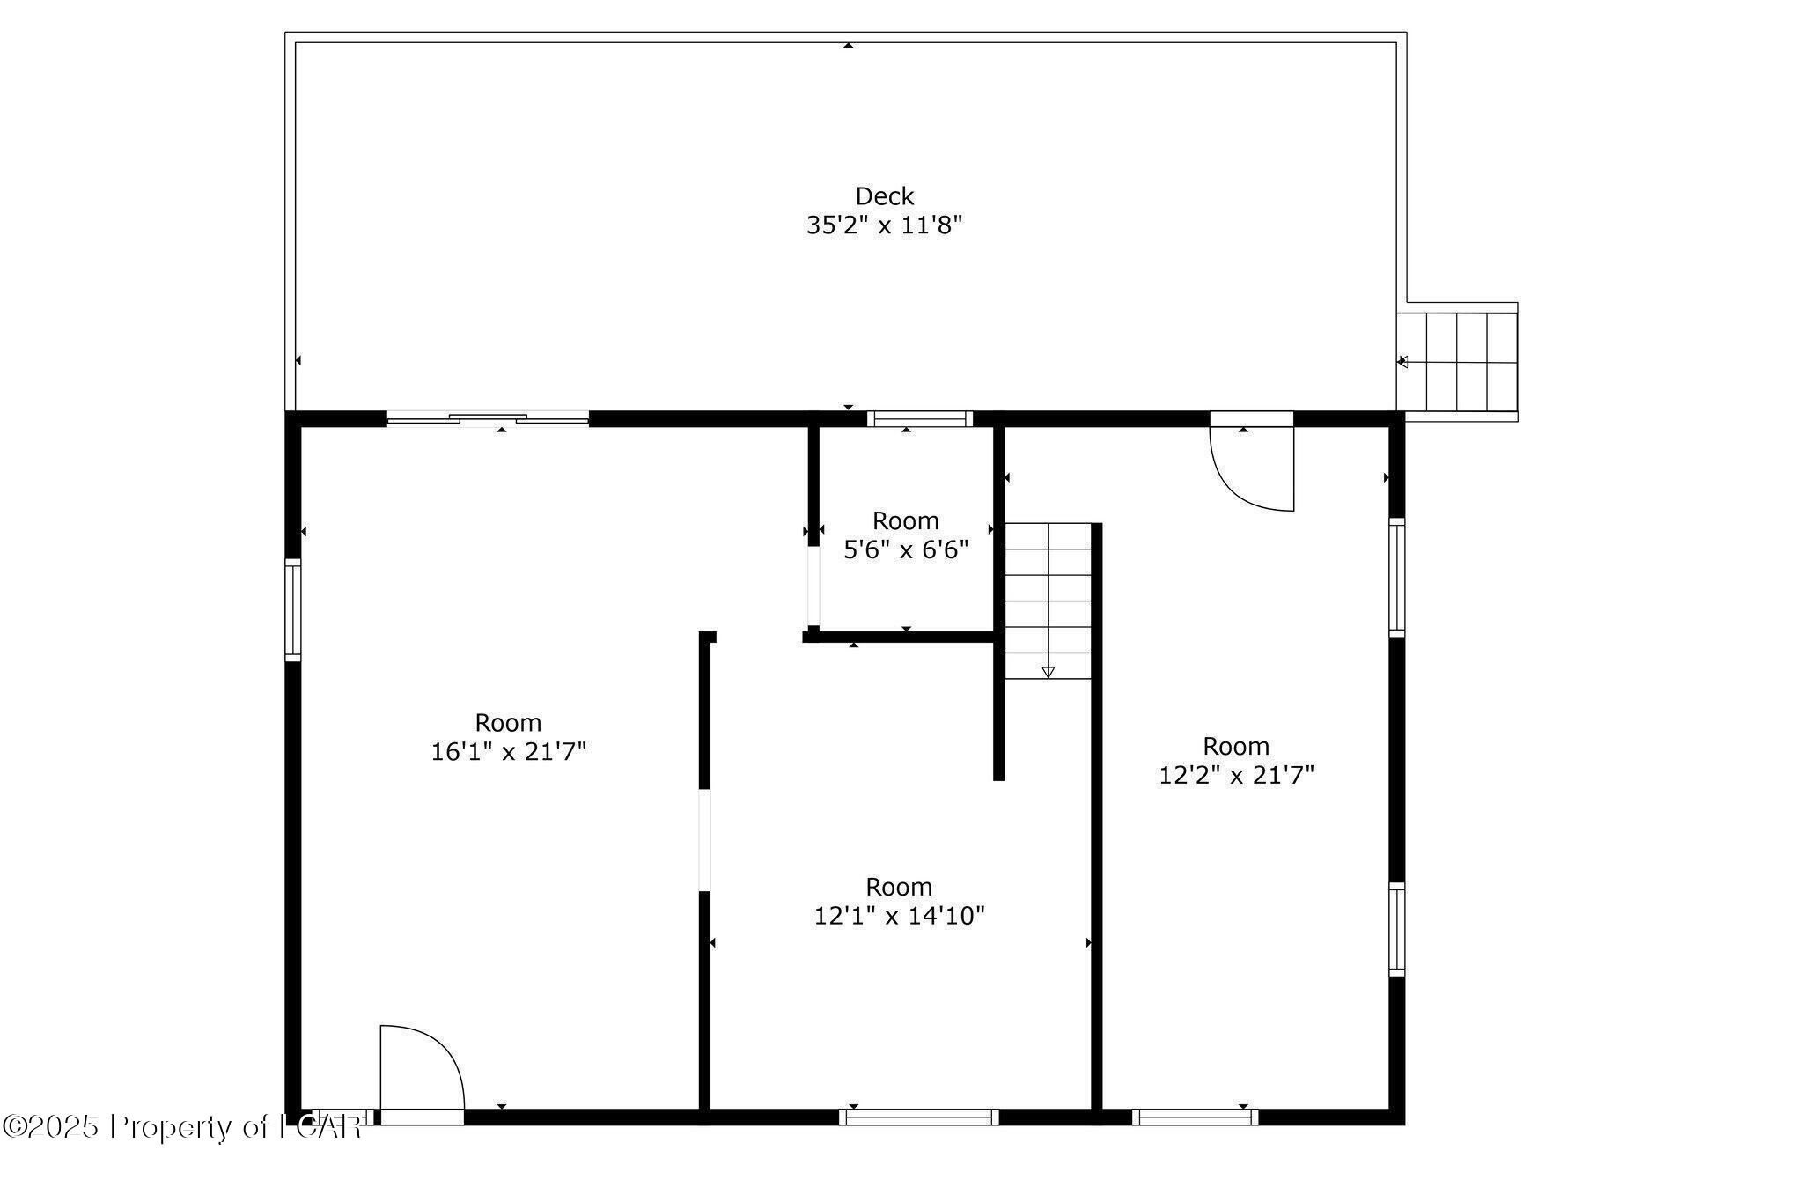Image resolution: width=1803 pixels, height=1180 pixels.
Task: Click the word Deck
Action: point(884,195)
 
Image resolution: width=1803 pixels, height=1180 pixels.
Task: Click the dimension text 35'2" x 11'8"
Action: point(884,225)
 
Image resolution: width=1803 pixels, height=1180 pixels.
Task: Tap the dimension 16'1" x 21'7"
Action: point(508,751)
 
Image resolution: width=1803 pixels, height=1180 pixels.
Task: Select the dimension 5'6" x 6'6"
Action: point(906,550)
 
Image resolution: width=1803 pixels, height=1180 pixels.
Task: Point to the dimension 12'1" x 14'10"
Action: point(899,916)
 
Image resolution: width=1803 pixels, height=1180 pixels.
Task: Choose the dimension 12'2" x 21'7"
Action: point(1236,775)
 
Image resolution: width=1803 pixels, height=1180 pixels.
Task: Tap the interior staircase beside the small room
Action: point(1048,599)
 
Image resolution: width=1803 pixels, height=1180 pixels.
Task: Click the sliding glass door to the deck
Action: point(488,419)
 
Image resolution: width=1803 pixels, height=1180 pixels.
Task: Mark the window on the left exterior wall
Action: point(293,609)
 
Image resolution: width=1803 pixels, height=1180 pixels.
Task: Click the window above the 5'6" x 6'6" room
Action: point(919,419)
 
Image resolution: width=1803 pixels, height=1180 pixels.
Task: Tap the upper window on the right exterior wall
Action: point(1396,577)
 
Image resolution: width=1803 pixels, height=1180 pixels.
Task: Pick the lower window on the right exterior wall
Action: point(1396,929)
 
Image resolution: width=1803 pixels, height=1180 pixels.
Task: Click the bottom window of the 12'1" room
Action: point(918,1117)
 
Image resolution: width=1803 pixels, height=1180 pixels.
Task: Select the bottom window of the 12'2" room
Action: point(1195,1117)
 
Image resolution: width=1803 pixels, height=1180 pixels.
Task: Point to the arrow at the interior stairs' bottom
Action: point(1048,672)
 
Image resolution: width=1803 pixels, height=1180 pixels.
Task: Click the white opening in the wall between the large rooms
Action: point(704,840)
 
